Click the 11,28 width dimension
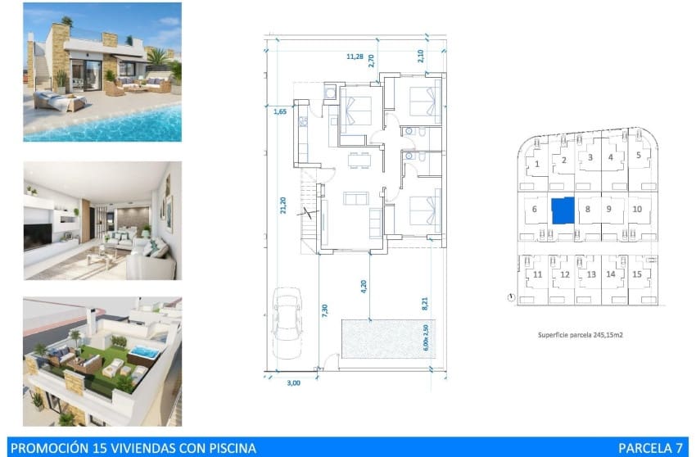pyautogui.click(x=355, y=57)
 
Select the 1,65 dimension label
pyautogui.click(x=279, y=111)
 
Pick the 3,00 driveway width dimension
pyautogui.click(x=292, y=382)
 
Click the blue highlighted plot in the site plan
pyautogui.click(x=562, y=211)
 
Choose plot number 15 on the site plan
pyautogui.click(x=635, y=274)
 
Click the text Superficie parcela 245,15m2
pyautogui.click(x=581, y=335)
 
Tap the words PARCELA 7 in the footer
pyautogui.click(x=650, y=447)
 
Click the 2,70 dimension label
pyautogui.click(x=371, y=60)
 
